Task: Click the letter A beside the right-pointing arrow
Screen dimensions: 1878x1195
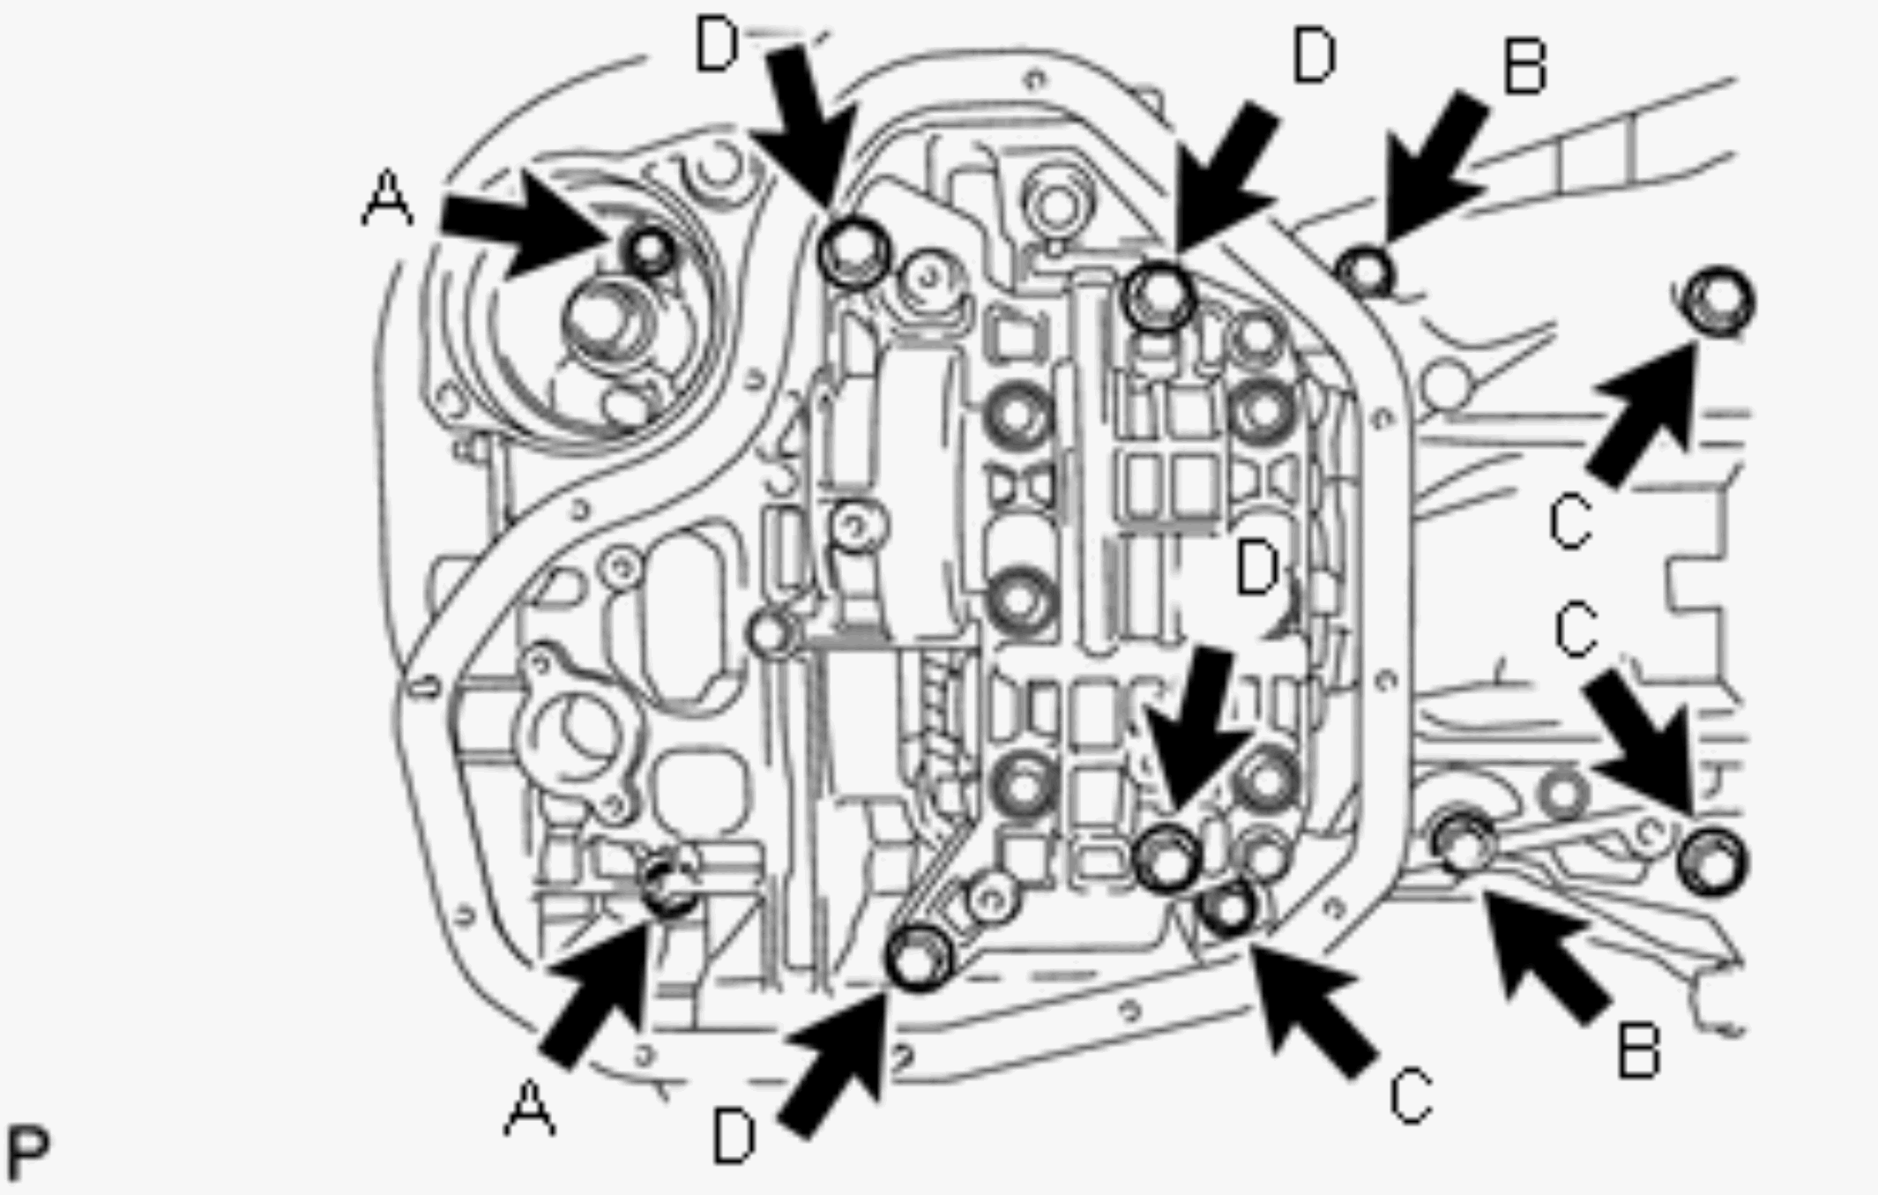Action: pyautogui.click(x=387, y=198)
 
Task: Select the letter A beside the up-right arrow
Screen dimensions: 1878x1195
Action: pyautogui.click(x=529, y=1108)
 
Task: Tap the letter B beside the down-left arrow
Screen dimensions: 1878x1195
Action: pyautogui.click(x=1524, y=66)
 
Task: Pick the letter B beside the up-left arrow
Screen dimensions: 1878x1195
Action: pyautogui.click(x=1638, y=1050)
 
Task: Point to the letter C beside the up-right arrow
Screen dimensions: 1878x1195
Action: pyautogui.click(x=1570, y=522)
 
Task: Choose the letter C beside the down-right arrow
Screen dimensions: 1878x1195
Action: pyautogui.click(x=1576, y=630)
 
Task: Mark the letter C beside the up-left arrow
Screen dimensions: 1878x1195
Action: pyautogui.click(x=1411, y=1096)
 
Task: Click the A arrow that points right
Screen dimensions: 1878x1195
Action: pyautogui.click(x=527, y=225)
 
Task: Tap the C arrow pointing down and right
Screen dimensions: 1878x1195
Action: pyautogui.click(x=1641, y=742)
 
